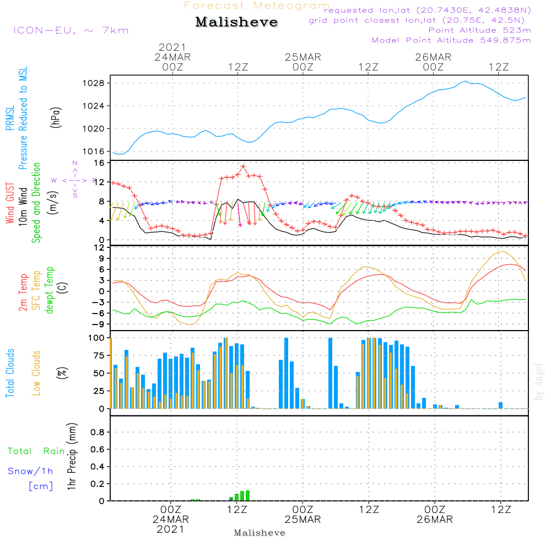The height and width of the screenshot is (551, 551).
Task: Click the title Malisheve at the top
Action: click(237, 23)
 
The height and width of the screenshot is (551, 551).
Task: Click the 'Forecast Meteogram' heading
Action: click(257, 6)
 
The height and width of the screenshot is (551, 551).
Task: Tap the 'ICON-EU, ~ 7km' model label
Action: click(71, 30)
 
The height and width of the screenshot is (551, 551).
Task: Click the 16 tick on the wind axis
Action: click(100, 163)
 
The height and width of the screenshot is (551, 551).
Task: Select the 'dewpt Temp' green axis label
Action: click(50, 290)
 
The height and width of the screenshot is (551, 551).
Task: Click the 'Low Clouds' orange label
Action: click(37, 373)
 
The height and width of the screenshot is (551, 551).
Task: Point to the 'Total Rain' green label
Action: click(36, 451)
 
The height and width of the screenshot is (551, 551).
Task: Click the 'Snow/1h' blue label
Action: click(30, 471)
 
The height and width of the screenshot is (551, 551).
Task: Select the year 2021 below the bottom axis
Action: click(171, 529)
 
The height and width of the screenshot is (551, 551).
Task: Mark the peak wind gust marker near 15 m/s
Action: click(243, 166)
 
